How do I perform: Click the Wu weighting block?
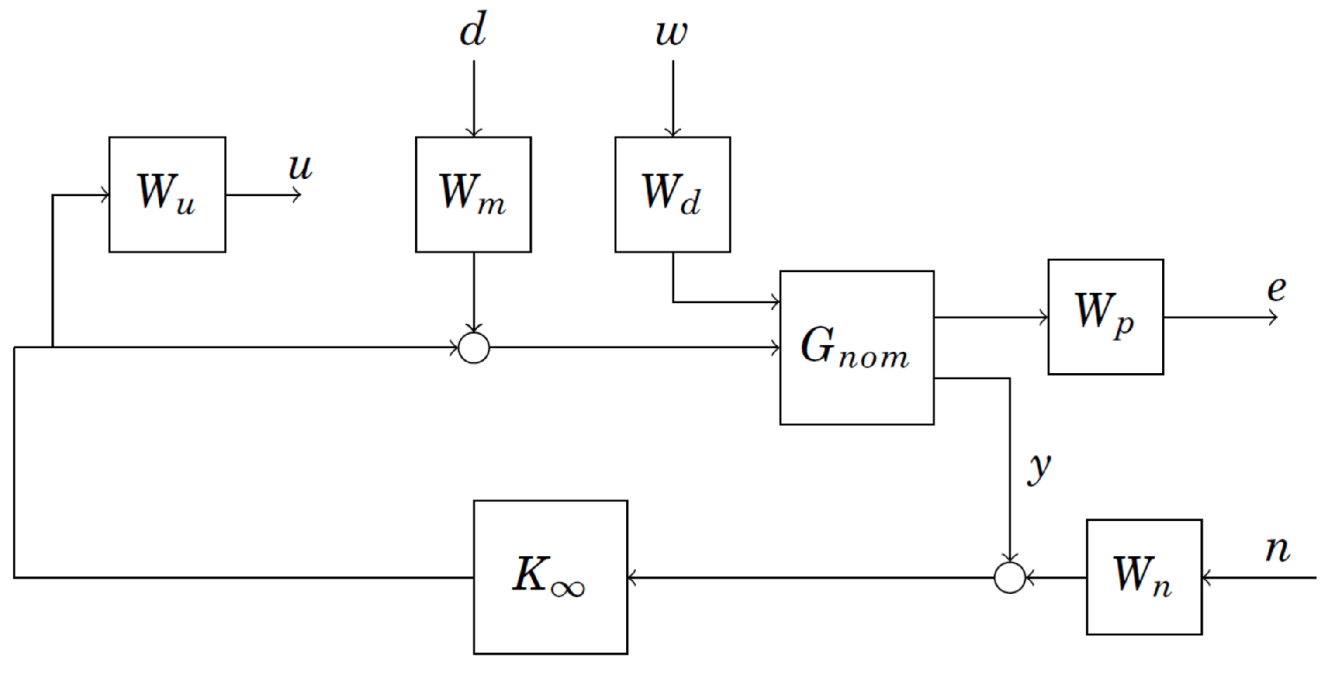click(x=167, y=195)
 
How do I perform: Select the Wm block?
click(x=473, y=195)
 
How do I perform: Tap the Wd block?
click(x=672, y=195)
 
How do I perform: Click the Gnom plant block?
click(x=856, y=348)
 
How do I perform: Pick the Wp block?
click(x=1105, y=316)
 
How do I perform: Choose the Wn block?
click(x=1143, y=577)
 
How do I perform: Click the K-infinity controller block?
click(x=550, y=577)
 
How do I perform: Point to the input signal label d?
click(x=473, y=30)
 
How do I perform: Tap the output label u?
click(x=300, y=167)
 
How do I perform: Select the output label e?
click(x=1276, y=289)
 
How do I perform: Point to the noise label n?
click(x=1277, y=549)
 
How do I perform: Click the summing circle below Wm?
click(x=474, y=348)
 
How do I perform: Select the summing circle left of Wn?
click(x=1010, y=577)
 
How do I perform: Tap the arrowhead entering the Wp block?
click(x=1043, y=317)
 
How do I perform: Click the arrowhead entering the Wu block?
click(x=105, y=195)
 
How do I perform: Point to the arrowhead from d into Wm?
click(x=474, y=133)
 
